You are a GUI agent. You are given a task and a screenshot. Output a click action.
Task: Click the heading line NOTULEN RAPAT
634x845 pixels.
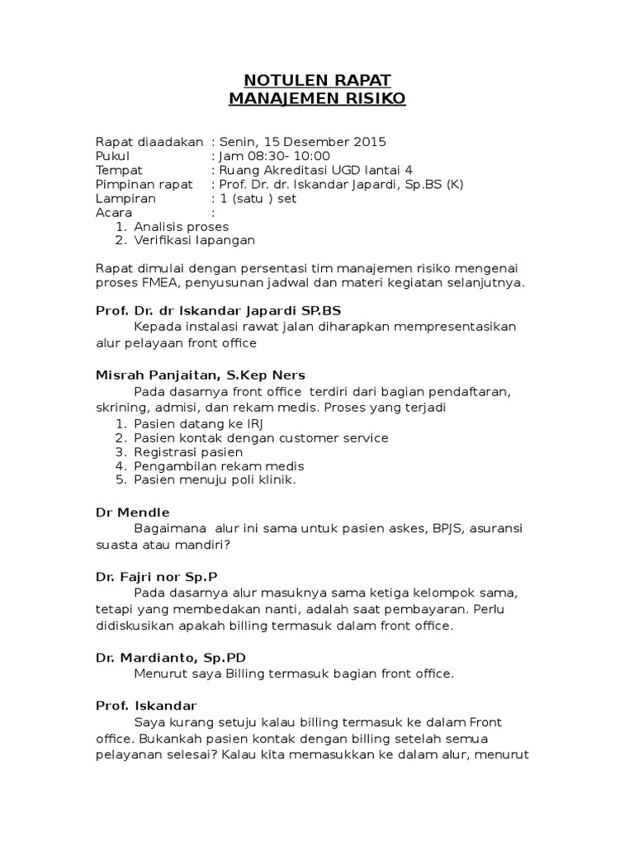[x=317, y=80]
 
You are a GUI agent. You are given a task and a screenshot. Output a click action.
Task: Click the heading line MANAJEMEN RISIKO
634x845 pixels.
[x=317, y=100]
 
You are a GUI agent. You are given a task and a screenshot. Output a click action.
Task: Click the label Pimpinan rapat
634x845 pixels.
[x=144, y=184]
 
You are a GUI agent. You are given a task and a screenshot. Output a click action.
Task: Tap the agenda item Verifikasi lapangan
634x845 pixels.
[x=195, y=240]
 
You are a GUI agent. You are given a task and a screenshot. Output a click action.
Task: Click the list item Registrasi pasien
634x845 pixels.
[x=188, y=452]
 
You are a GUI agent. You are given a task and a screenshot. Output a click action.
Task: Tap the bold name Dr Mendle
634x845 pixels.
[x=133, y=512]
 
